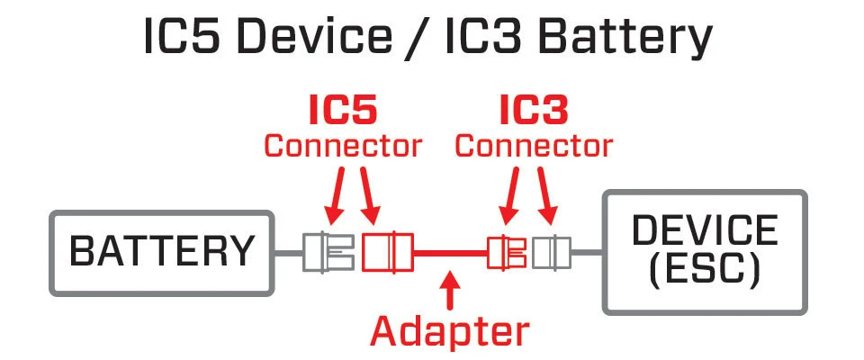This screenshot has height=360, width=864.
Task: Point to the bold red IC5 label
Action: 343,110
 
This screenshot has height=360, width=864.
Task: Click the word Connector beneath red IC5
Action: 343,145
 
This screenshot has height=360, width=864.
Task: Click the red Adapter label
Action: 450,331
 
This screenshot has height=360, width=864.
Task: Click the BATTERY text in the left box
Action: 162,252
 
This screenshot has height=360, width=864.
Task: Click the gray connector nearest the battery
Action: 328,253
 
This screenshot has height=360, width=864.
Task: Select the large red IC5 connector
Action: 387,253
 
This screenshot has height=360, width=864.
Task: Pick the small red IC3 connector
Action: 507,253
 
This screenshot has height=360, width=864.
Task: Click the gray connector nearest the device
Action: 550,253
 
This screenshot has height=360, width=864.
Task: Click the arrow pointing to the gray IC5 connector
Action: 334,198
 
